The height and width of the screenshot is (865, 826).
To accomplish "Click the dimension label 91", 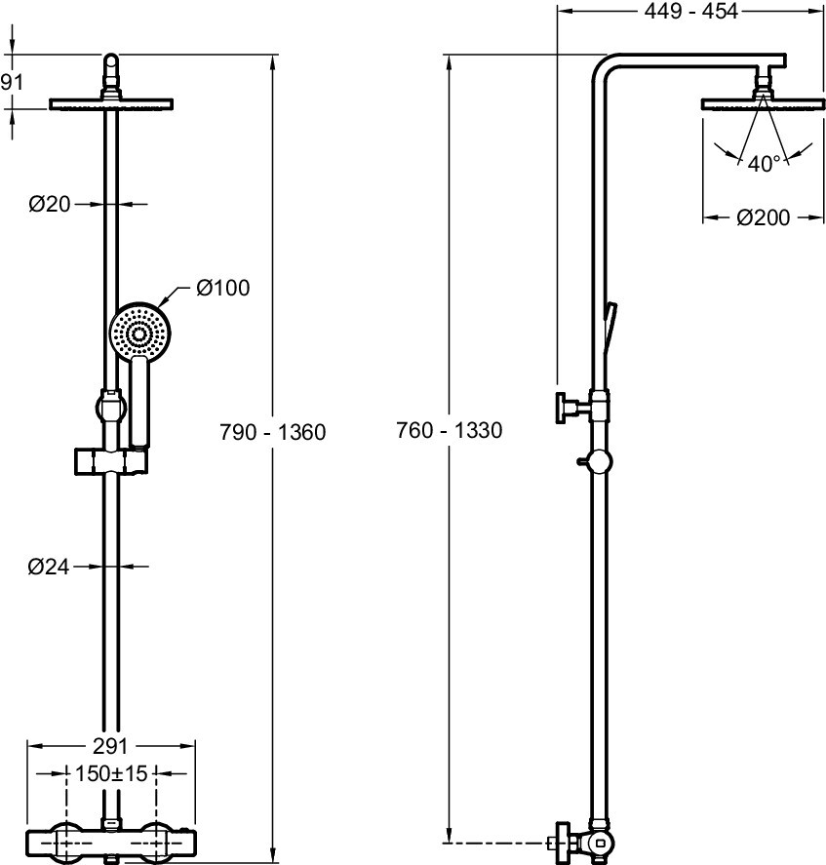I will pos(11,82).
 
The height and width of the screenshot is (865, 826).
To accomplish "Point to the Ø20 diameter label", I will pos(50,204).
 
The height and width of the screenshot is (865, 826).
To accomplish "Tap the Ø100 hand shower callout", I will pos(222,288).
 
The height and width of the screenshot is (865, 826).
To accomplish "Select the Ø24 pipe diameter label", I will pos(50,566).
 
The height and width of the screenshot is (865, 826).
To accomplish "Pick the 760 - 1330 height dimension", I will pos(450,430).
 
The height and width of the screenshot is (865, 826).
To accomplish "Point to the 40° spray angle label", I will pos(765,164).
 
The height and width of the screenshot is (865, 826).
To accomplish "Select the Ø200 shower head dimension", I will pos(763,218).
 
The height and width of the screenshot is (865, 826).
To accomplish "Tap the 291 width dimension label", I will pos(110,746).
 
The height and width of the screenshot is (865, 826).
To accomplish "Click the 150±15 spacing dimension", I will pos(110,773).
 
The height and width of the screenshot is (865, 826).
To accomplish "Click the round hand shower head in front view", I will pos(139,333).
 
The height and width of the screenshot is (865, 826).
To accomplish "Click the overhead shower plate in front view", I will pos(111,103).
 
